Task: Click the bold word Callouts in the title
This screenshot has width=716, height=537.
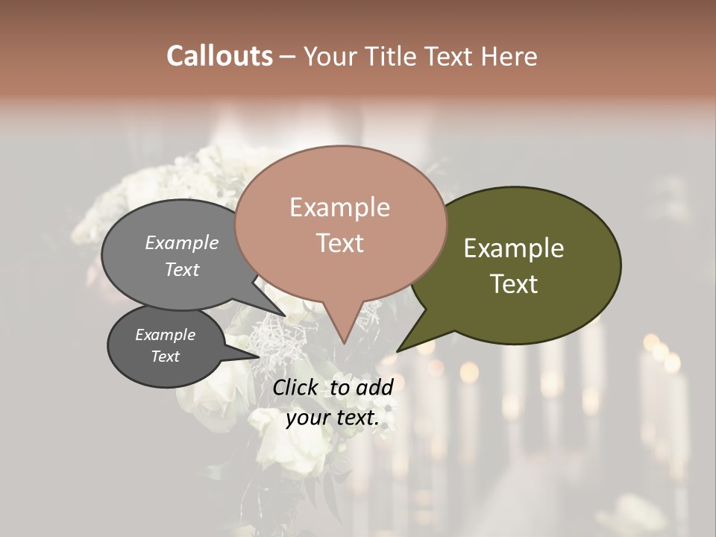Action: point(219,56)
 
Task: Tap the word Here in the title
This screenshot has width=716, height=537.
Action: point(508,56)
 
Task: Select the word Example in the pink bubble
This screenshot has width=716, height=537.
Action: point(339,207)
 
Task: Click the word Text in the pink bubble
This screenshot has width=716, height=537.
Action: point(339,243)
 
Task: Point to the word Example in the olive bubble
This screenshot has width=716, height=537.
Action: point(514,248)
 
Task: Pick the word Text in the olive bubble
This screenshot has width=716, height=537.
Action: point(514,284)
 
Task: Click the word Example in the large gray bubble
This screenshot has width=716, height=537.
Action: point(181,243)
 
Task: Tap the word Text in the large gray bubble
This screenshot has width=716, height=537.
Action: point(181,270)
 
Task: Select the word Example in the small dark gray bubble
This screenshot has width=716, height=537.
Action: point(165,335)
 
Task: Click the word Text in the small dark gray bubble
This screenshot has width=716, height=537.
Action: point(165,357)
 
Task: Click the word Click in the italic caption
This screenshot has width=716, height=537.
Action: point(297,387)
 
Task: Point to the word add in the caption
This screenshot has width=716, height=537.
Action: point(375,387)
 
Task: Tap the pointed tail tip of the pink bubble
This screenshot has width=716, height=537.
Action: point(344,343)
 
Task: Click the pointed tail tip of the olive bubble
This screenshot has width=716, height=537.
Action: point(398,351)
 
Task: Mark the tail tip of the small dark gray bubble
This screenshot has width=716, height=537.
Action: point(260,356)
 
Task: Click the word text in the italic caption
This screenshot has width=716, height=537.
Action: point(356,418)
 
